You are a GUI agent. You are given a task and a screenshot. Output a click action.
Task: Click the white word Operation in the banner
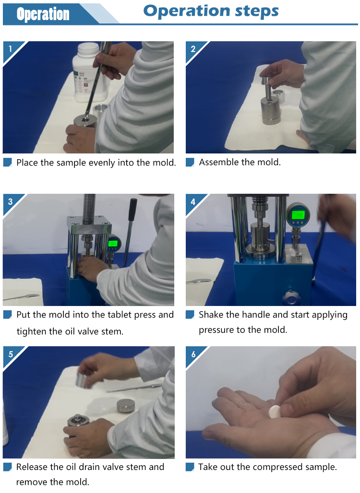(x=43, y=14)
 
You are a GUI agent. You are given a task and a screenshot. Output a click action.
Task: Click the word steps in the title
(x=257, y=11)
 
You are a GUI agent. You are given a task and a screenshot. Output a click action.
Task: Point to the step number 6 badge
(x=193, y=354)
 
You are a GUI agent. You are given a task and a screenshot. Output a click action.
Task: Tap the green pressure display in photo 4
(x=298, y=215)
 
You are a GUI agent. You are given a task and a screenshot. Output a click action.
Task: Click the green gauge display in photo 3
(x=113, y=243)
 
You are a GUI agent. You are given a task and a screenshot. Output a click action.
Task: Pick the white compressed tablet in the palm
(x=275, y=411)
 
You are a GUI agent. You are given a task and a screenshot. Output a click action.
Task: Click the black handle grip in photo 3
(x=132, y=210)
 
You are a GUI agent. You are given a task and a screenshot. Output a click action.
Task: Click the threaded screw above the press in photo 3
(x=89, y=209)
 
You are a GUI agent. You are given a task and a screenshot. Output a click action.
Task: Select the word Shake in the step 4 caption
(x=209, y=315)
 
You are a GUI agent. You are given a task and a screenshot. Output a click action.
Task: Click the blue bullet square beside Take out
(x=190, y=467)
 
